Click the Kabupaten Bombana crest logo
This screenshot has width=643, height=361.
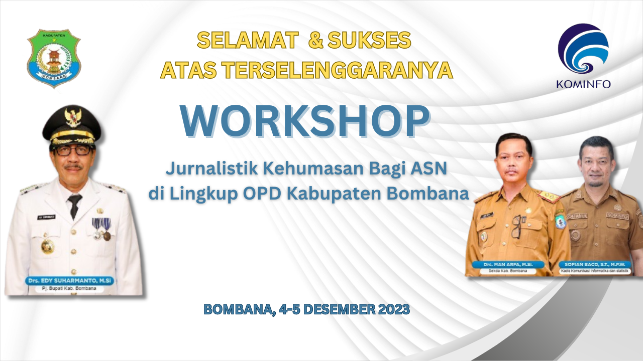[x=54, y=58]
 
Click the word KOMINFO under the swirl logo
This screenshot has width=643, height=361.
[x=583, y=84]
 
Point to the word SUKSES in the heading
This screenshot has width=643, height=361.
[x=369, y=40]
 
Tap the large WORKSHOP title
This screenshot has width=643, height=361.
[x=305, y=121]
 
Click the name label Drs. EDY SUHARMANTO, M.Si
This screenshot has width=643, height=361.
[x=69, y=280]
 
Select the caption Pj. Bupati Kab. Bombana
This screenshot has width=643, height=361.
[x=69, y=288]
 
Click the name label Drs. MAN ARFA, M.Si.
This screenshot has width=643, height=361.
[x=508, y=264]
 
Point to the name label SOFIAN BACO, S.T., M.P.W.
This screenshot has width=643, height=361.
[x=594, y=264]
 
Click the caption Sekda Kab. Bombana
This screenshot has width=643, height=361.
[x=508, y=271]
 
